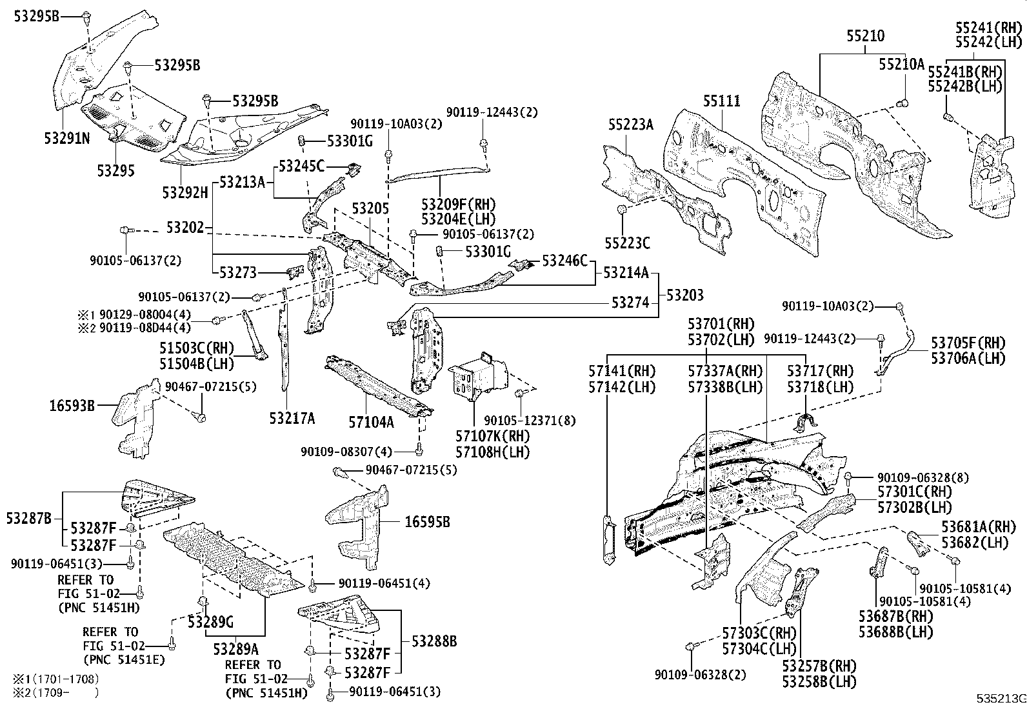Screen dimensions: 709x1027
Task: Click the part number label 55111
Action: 721,101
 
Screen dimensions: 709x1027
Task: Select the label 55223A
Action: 630,125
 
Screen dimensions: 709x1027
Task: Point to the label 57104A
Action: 370,423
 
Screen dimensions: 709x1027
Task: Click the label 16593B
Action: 72,406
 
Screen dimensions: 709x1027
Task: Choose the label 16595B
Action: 426,522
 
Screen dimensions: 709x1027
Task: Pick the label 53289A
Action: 236,648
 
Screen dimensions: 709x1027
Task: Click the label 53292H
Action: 185,192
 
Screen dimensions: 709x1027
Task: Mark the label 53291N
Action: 67,138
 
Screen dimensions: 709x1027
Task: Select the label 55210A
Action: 901,64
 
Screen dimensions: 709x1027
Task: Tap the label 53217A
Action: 292,419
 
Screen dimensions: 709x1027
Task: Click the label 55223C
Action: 627,243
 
